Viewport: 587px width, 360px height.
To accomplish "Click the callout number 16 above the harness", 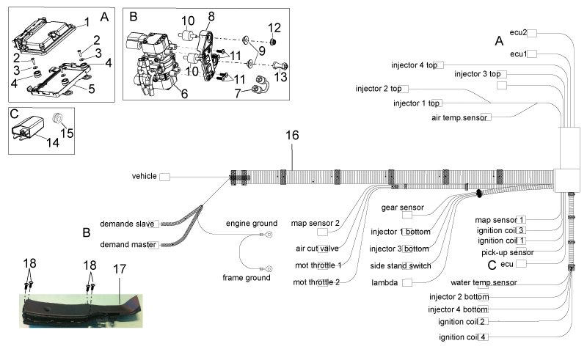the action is click(292, 135).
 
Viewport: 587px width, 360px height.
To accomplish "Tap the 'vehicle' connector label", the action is click(144, 176).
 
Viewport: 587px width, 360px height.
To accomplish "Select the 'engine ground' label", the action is click(252, 224).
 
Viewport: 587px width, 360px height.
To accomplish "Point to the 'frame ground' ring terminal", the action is click(269, 269).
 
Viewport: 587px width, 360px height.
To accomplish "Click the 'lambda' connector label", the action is click(384, 282).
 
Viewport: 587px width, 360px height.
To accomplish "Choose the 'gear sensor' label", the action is click(402, 207).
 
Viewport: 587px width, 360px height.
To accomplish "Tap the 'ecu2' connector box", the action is click(531, 33).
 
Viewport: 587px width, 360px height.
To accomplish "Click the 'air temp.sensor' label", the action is click(459, 118).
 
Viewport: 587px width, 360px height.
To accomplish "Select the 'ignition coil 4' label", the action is click(463, 337).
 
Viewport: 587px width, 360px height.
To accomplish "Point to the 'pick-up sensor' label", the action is click(508, 253).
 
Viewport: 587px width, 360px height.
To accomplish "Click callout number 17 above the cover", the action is click(120, 269).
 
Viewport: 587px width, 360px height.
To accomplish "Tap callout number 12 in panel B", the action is click(274, 28).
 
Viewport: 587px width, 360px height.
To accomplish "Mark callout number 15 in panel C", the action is click(67, 133).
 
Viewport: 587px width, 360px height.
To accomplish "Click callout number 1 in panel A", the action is click(87, 22).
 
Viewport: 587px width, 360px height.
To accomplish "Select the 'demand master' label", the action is click(128, 245).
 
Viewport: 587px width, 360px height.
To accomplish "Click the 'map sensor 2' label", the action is click(316, 224).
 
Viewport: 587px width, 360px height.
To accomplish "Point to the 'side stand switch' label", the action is click(401, 265).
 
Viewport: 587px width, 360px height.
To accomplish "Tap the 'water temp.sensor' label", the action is click(484, 282).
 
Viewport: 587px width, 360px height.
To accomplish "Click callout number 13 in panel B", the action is click(281, 77).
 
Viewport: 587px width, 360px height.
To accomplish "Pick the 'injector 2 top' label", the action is click(379, 89).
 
